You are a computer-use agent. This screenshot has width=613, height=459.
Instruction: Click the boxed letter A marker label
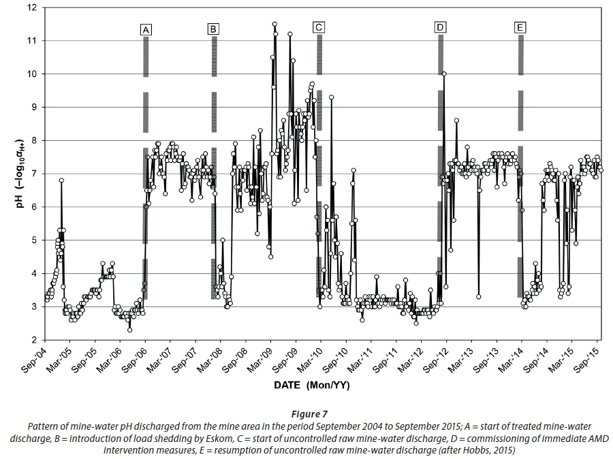[146, 29]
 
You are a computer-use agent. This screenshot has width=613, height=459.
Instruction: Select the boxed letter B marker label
[213, 29]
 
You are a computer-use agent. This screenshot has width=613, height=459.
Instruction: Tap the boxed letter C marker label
[319, 27]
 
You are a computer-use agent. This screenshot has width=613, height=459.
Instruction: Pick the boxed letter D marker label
[441, 27]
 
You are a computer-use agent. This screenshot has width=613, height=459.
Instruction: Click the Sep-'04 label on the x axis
[35, 360]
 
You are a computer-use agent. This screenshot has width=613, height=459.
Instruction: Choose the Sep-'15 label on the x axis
[587, 360]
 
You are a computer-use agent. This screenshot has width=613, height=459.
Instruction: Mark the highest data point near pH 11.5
[274, 24]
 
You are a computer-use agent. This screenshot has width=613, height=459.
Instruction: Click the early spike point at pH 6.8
[61, 180]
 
